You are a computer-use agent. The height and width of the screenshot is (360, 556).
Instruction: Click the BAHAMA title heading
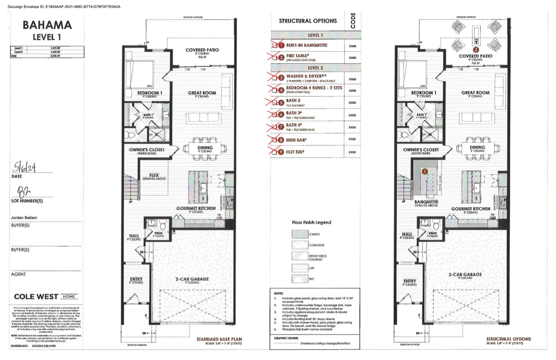pos(47,25)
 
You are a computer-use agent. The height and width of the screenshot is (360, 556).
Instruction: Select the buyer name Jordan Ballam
pos(24,218)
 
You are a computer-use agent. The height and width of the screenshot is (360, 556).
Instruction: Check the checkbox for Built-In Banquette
pos(274,45)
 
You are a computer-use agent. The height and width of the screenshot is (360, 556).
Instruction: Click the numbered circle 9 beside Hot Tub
pos(281,152)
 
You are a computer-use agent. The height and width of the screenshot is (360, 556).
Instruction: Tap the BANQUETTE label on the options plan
pos(426,202)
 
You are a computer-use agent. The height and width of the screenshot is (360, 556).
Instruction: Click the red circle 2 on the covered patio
pos(476,50)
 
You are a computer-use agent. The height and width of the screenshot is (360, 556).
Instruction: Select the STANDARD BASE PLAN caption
pos(218,339)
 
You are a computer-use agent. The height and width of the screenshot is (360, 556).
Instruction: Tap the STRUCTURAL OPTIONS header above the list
pos(308,21)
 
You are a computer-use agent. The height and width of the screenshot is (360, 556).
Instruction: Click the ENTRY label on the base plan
pos(136,279)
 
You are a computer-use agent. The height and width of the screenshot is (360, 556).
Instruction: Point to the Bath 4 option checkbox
pos(274,128)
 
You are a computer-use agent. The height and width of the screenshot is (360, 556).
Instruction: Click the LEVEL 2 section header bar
pos(316,67)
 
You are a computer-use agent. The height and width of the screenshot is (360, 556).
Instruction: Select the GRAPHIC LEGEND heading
pos(286,338)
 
